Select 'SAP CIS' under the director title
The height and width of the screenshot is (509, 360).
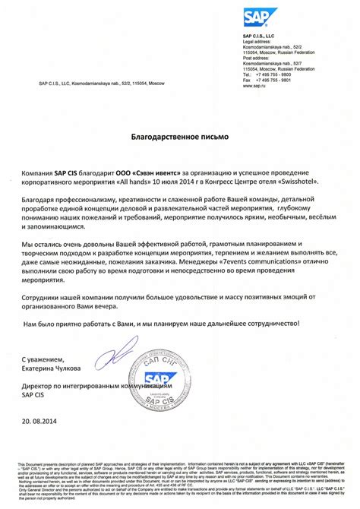[33, 395]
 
